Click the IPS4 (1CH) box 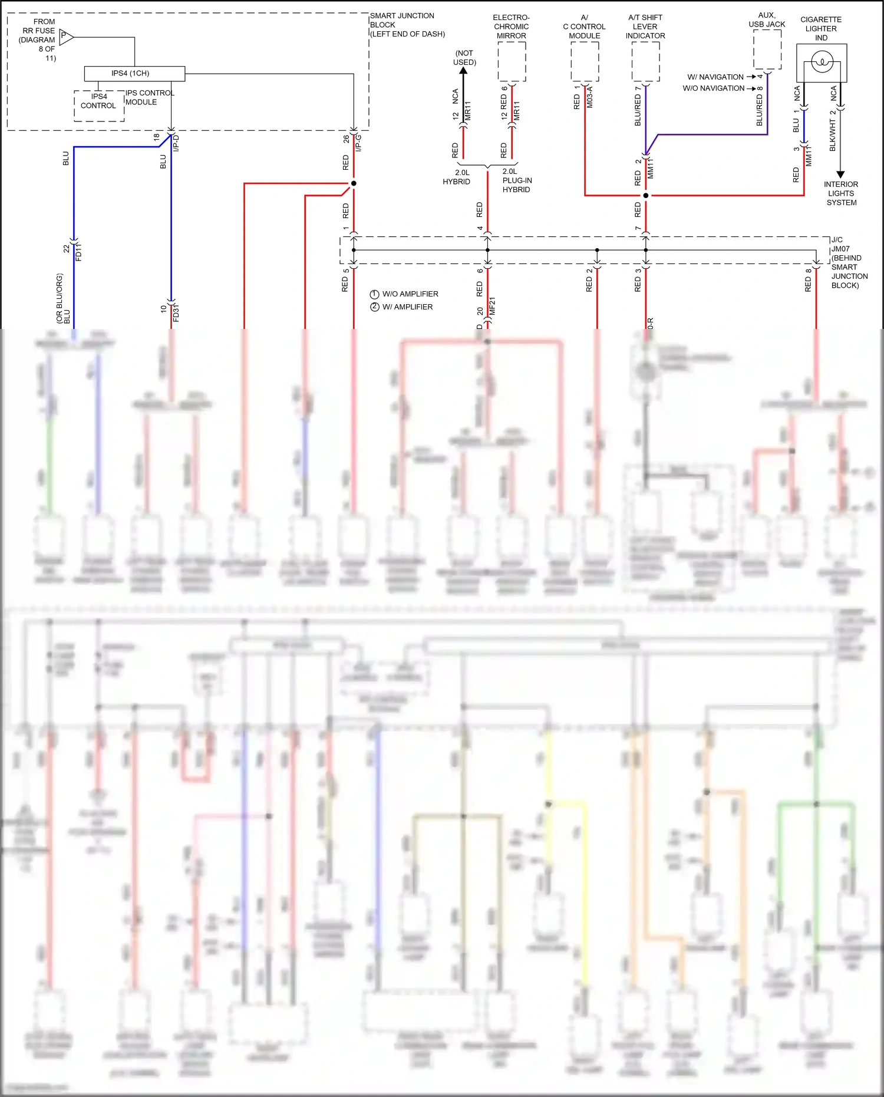click(x=134, y=74)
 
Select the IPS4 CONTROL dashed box click(x=99, y=106)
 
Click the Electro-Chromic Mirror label click(x=511, y=27)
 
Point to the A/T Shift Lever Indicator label click(x=645, y=27)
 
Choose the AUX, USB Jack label click(x=767, y=20)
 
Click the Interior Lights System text click(x=841, y=193)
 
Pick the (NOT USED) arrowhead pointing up click(x=463, y=71)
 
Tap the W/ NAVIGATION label click(x=715, y=77)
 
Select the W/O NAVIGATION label click(x=714, y=88)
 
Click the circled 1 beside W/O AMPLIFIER click(x=374, y=294)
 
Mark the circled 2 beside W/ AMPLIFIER click(x=374, y=307)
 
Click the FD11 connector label click(x=79, y=252)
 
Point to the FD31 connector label click(x=176, y=313)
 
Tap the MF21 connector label click(x=493, y=306)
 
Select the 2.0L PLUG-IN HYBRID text click(x=517, y=180)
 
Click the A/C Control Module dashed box click(x=585, y=62)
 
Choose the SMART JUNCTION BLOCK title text click(x=407, y=25)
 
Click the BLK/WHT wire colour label click(x=833, y=135)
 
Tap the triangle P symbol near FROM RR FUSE click(x=66, y=37)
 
